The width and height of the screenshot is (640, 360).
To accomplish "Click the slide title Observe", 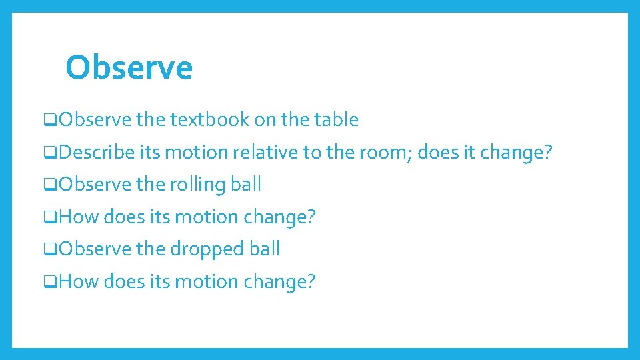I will (129, 67).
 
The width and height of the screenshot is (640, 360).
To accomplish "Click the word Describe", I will (97, 153).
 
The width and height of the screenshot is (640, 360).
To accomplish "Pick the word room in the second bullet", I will (377, 153).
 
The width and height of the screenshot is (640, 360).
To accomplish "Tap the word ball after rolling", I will (245, 185).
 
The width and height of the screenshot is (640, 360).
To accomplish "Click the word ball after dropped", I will (265, 249).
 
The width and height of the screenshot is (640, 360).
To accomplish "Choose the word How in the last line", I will (78, 282).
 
